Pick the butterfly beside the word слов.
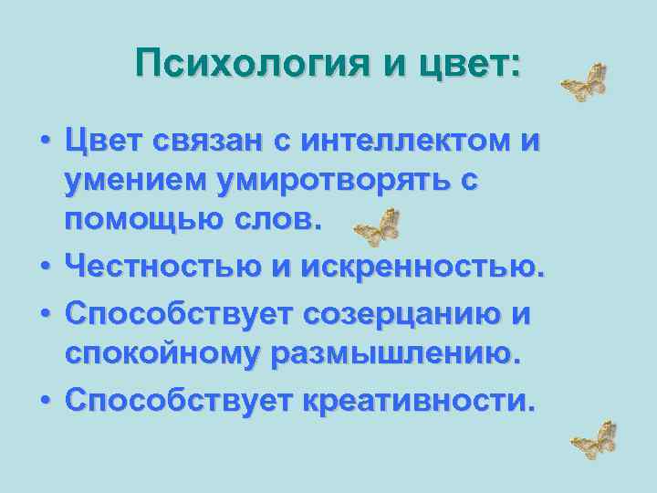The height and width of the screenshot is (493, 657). [376, 227]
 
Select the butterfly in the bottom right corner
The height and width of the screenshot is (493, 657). [595, 440]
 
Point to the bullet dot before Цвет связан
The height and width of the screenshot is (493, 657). [44, 145]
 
